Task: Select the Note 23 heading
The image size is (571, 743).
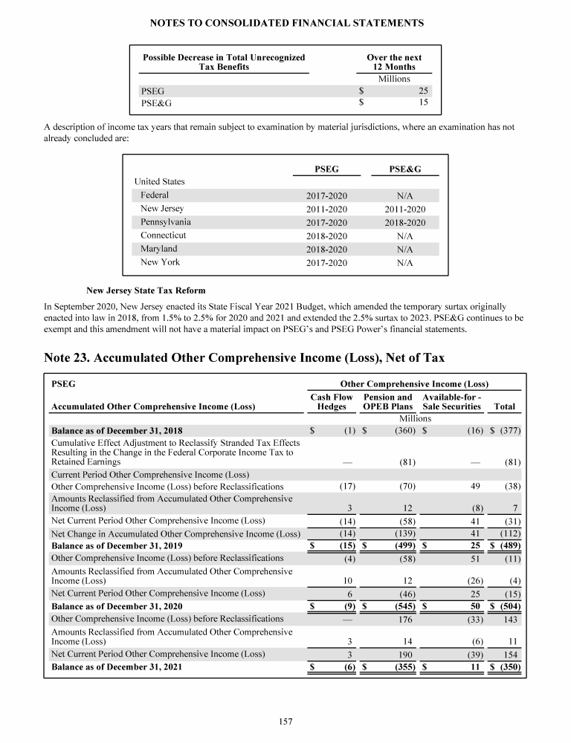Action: pos(245,358)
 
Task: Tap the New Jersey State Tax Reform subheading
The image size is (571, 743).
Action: pos(146,290)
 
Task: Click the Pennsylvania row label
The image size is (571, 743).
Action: pos(166,222)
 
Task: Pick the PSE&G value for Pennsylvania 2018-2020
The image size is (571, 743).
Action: pos(405,222)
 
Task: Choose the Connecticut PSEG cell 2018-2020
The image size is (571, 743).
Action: pos(326,236)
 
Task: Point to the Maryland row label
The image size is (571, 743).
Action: pos(159,249)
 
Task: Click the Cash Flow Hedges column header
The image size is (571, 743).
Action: pos(331,402)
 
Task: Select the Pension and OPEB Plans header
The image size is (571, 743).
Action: pos(387,402)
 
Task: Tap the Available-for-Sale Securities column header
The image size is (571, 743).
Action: pos(452,402)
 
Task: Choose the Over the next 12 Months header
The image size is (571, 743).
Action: pos(394,62)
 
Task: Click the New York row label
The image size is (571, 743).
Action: pos(160,262)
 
